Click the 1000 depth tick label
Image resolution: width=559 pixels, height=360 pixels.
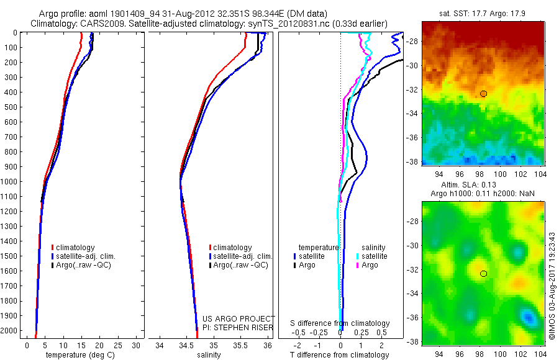tap(9, 182)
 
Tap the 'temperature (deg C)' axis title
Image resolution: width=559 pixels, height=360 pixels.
tap(78, 355)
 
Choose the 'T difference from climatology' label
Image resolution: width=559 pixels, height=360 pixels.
tap(340, 355)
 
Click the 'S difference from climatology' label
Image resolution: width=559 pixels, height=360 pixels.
tap(340, 323)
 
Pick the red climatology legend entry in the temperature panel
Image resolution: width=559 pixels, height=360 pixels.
tap(74, 248)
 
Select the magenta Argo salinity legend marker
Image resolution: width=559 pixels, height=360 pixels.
tap(358, 265)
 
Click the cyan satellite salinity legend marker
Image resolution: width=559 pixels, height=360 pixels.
tap(358, 256)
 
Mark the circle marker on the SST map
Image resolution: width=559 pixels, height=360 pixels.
tap(483, 94)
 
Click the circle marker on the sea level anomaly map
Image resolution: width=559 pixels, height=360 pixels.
tap(483, 274)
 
